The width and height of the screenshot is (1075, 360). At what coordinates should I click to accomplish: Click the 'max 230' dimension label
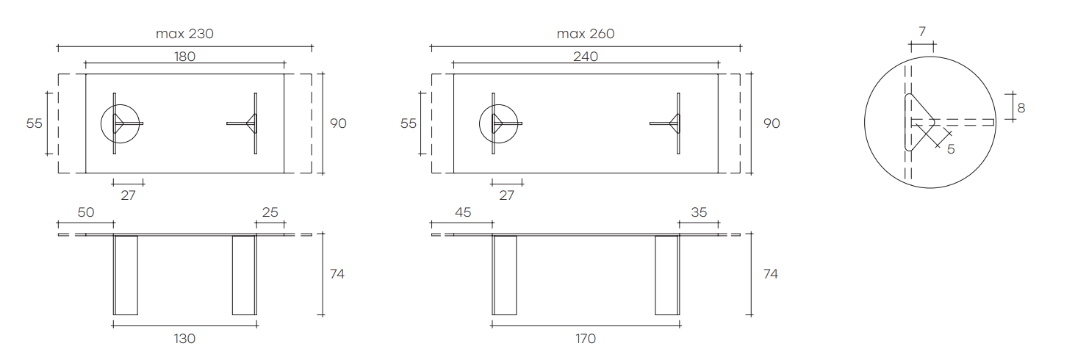point(184,34)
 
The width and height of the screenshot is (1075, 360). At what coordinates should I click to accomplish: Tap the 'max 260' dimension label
point(586,34)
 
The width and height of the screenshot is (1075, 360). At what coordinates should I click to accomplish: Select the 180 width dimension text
point(184,57)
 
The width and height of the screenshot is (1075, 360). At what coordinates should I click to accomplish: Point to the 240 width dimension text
point(586,57)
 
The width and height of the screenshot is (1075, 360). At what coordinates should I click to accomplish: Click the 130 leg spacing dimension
point(184,339)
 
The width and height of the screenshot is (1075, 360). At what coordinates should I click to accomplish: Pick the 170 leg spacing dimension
point(586,339)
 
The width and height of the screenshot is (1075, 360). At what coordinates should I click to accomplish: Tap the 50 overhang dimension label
point(86,212)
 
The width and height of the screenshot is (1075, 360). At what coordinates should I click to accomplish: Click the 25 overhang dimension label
point(270,212)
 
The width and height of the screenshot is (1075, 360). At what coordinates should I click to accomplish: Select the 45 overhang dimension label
point(463,212)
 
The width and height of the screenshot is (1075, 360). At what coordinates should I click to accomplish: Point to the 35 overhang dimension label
point(699,212)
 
